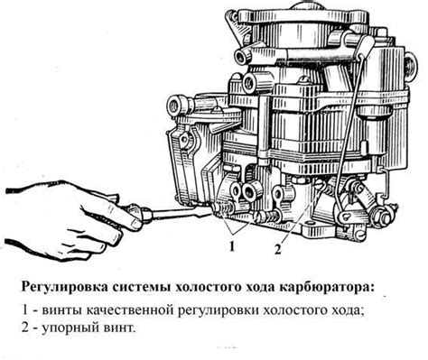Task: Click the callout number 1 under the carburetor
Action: tap(233, 245)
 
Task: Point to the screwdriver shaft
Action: tap(181, 214)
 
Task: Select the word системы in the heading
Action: tap(150, 286)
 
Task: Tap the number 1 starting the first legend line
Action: tap(27, 311)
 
